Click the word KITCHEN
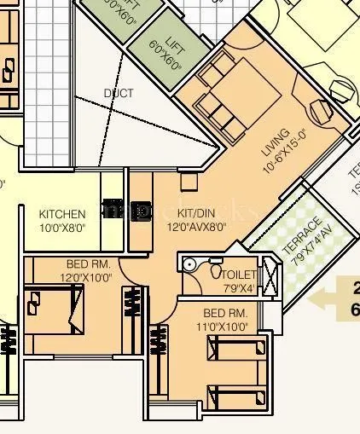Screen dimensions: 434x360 62,214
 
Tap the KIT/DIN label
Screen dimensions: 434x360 195,212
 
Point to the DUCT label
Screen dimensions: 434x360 119,93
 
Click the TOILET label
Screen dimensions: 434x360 238,275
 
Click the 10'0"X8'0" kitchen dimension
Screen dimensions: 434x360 62,228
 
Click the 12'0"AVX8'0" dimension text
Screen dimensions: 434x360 195,226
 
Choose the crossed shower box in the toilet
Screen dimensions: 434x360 269,279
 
